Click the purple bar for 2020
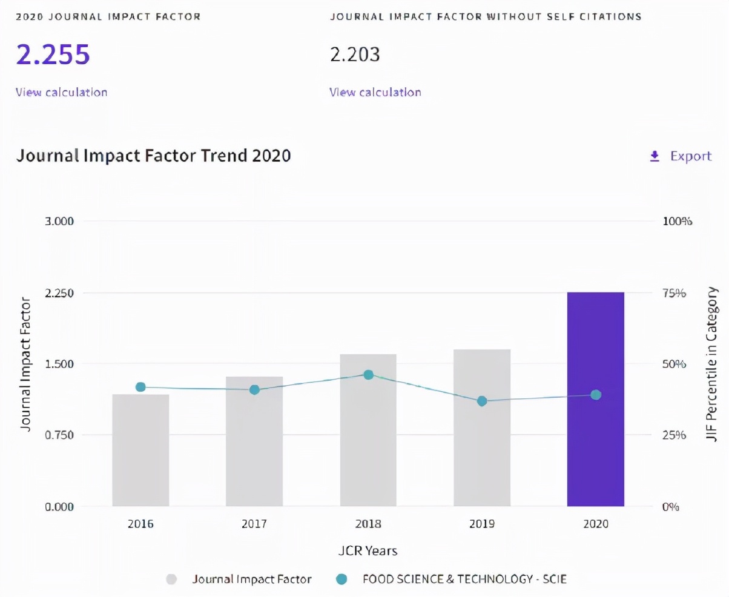pos(595,400)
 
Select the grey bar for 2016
pos(140,450)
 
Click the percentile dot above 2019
pos(482,401)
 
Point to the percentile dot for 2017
pos(254,389)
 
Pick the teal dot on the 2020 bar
pos(596,395)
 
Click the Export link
pos(682,156)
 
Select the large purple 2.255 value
pos(53,54)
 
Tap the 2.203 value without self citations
pos(355,55)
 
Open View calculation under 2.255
pos(61,92)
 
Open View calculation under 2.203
pos(375,92)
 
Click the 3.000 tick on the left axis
pos(59,221)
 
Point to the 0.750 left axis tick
pos(59,435)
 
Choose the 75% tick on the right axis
pos(673,293)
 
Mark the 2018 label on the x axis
pos(368,524)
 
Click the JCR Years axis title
pos(368,551)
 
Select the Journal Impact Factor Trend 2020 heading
pos(153,156)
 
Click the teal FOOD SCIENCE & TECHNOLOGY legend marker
pos(341,579)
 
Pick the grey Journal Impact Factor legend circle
pos(171,579)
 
